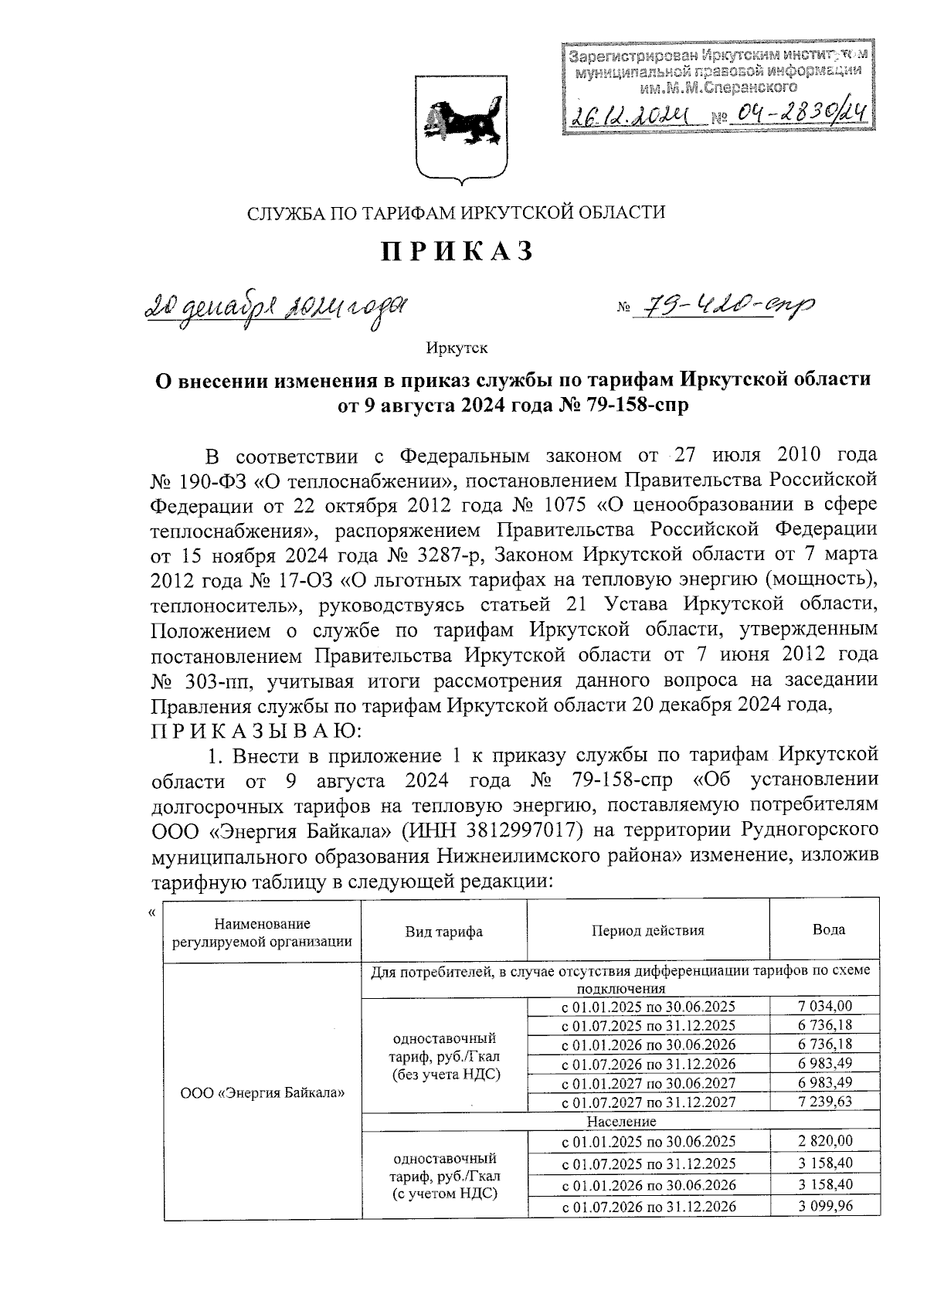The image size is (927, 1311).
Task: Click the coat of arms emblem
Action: [x=462, y=127]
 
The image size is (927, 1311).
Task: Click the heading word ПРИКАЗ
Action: [x=456, y=251]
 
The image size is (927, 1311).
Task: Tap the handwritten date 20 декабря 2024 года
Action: [x=276, y=311]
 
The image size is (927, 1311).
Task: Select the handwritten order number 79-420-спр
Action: [x=724, y=309]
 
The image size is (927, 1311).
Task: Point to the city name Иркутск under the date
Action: [x=457, y=348]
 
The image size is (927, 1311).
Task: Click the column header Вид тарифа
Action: [x=444, y=932]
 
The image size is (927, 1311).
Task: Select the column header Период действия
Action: [x=647, y=931]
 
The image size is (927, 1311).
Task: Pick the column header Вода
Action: [x=828, y=930]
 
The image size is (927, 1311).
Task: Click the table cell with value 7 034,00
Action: [x=824, y=1006]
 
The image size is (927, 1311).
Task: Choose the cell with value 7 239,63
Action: [x=824, y=1102]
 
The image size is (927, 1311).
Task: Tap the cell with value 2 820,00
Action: [x=824, y=1141]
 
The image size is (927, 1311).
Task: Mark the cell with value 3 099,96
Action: [x=824, y=1206]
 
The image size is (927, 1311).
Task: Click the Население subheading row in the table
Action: [x=620, y=1121]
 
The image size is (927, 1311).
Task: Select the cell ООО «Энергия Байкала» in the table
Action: [x=262, y=1093]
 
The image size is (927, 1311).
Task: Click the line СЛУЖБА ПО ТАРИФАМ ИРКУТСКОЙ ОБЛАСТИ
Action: [x=456, y=213]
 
